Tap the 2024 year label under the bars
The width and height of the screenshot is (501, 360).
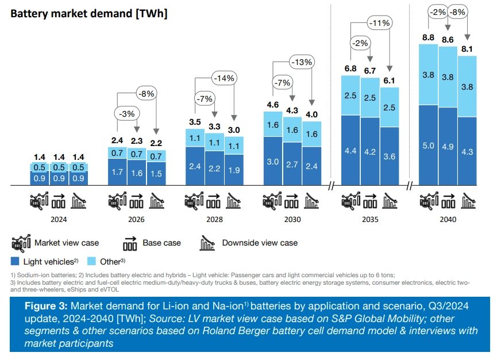[59, 219]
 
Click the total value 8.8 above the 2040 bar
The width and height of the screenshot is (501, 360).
[428, 38]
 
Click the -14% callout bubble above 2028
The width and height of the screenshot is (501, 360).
[223, 78]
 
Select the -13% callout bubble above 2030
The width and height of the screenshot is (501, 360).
[302, 62]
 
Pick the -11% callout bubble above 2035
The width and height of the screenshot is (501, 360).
[379, 23]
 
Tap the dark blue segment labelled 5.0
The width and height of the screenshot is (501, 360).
[428, 145]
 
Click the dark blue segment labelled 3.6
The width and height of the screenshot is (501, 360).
[390, 156]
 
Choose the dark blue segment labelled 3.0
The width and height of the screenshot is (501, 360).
[273, 162]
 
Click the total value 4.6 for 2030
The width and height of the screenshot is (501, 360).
[273, 105]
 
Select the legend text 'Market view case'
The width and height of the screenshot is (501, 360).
[67, 243]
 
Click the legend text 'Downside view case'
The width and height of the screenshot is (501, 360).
[260, 243]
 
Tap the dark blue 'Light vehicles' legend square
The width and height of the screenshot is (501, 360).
[16, 261]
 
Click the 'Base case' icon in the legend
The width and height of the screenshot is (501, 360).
[129, 243]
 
